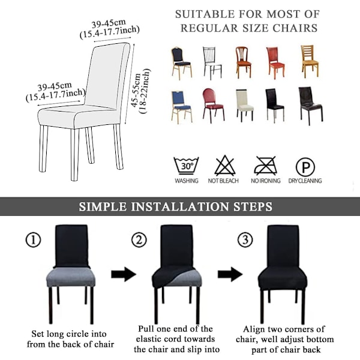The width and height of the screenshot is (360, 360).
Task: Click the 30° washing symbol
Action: pos(186,166)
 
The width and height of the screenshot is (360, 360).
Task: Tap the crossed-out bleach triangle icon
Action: pos(225,166)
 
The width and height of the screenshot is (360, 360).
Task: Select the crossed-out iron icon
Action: pos(265,166)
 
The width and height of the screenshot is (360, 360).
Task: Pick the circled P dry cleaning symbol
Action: pos(305,167)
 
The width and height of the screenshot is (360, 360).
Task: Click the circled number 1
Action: pos(33,240)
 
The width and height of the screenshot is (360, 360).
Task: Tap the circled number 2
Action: pos(139,240)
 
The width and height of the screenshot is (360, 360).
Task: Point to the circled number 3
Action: pos(245,240)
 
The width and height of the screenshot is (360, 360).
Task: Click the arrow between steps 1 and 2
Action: pos(124,274)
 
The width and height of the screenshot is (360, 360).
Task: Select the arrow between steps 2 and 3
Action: pos(230,274)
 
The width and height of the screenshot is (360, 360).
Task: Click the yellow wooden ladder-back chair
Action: pos(310,61)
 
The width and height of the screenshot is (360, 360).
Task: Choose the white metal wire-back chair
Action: pos(212,63)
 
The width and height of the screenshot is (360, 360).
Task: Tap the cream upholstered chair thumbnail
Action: pos(245,106)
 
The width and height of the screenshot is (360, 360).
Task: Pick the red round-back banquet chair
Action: pos(213,106)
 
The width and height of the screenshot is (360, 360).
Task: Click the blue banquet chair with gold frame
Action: pos(181,107)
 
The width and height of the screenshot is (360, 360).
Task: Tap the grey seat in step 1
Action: pos(71,277)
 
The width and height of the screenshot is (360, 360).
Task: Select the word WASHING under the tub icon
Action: pos(187,181)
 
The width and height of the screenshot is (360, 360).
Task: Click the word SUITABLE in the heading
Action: pos(205,14)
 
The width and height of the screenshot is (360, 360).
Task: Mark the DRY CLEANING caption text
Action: pos(305,181)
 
